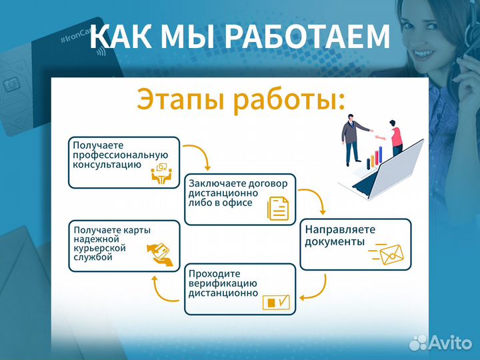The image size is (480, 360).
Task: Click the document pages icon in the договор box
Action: point(278,208)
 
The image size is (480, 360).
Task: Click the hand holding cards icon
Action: point(159,253)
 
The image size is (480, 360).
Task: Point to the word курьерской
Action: point(101,249)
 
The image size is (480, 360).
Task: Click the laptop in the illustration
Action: point(393,170)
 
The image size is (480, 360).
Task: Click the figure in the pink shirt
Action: point(395,141)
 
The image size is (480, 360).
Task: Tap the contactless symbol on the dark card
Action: point(100,49)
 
